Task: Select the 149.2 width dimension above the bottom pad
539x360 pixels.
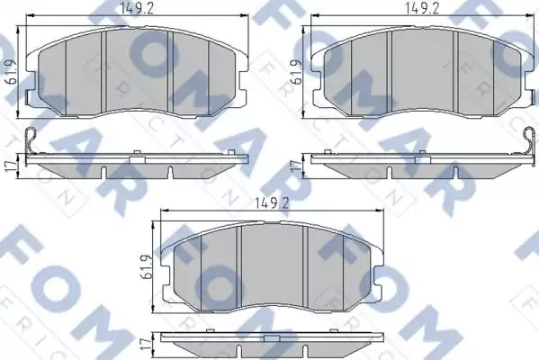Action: [x=273, y=204]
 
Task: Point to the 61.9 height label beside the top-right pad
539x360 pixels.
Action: [x=296, y=72]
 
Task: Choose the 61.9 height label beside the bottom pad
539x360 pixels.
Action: [x=146, y=266]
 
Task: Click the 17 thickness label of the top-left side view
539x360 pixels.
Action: [x=12, y=165]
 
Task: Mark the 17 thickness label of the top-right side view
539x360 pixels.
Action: [x=297, y=166]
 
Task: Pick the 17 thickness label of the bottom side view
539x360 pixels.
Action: [x=146, y=343]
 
